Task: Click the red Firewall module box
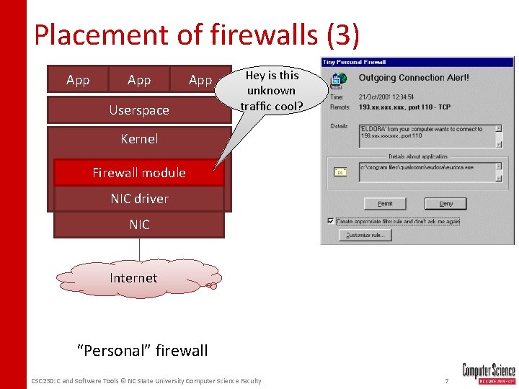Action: coord(139,173)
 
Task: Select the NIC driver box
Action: coord(139,199)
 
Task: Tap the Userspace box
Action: coord(139,110)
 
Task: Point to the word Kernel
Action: coord(139,138)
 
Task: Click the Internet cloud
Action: coord(133,278)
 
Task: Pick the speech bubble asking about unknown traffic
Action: coord(271,91)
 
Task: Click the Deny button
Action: coord(446,203)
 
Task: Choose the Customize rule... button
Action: coord(368,235)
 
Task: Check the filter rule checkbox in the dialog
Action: coord(330,221)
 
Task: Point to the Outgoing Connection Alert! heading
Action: coord(414,78)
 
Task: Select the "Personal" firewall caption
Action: coord(143,351)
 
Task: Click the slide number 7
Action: coord(447,380)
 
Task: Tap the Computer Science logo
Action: coord(489,373)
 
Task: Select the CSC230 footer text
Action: coord(146,380)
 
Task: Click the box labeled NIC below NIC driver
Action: coord(139,225)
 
